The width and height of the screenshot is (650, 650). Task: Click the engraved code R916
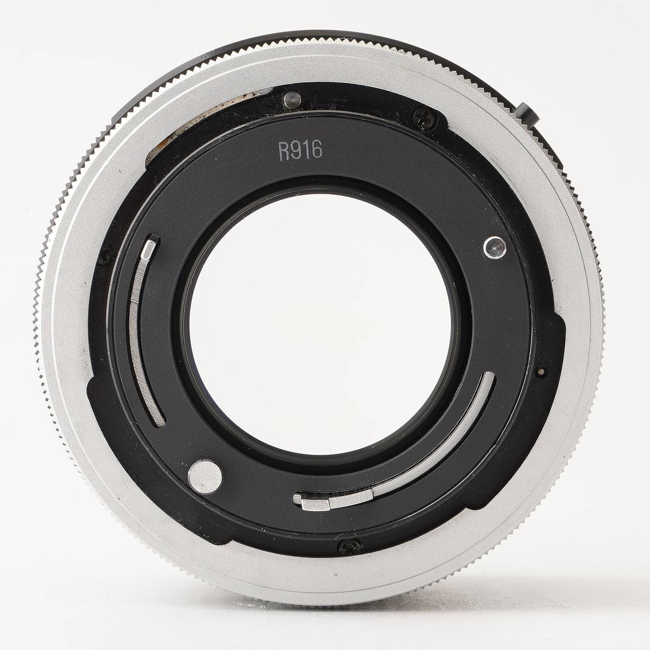tap(300, 151)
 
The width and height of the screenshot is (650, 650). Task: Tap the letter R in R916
tap(284, 151)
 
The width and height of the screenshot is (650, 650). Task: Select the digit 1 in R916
tap(306, 151)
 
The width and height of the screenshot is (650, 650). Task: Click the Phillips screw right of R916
tap(425, 118)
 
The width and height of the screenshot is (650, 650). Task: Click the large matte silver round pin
tap(205, 476)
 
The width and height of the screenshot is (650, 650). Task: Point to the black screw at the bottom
tap(350, 545)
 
